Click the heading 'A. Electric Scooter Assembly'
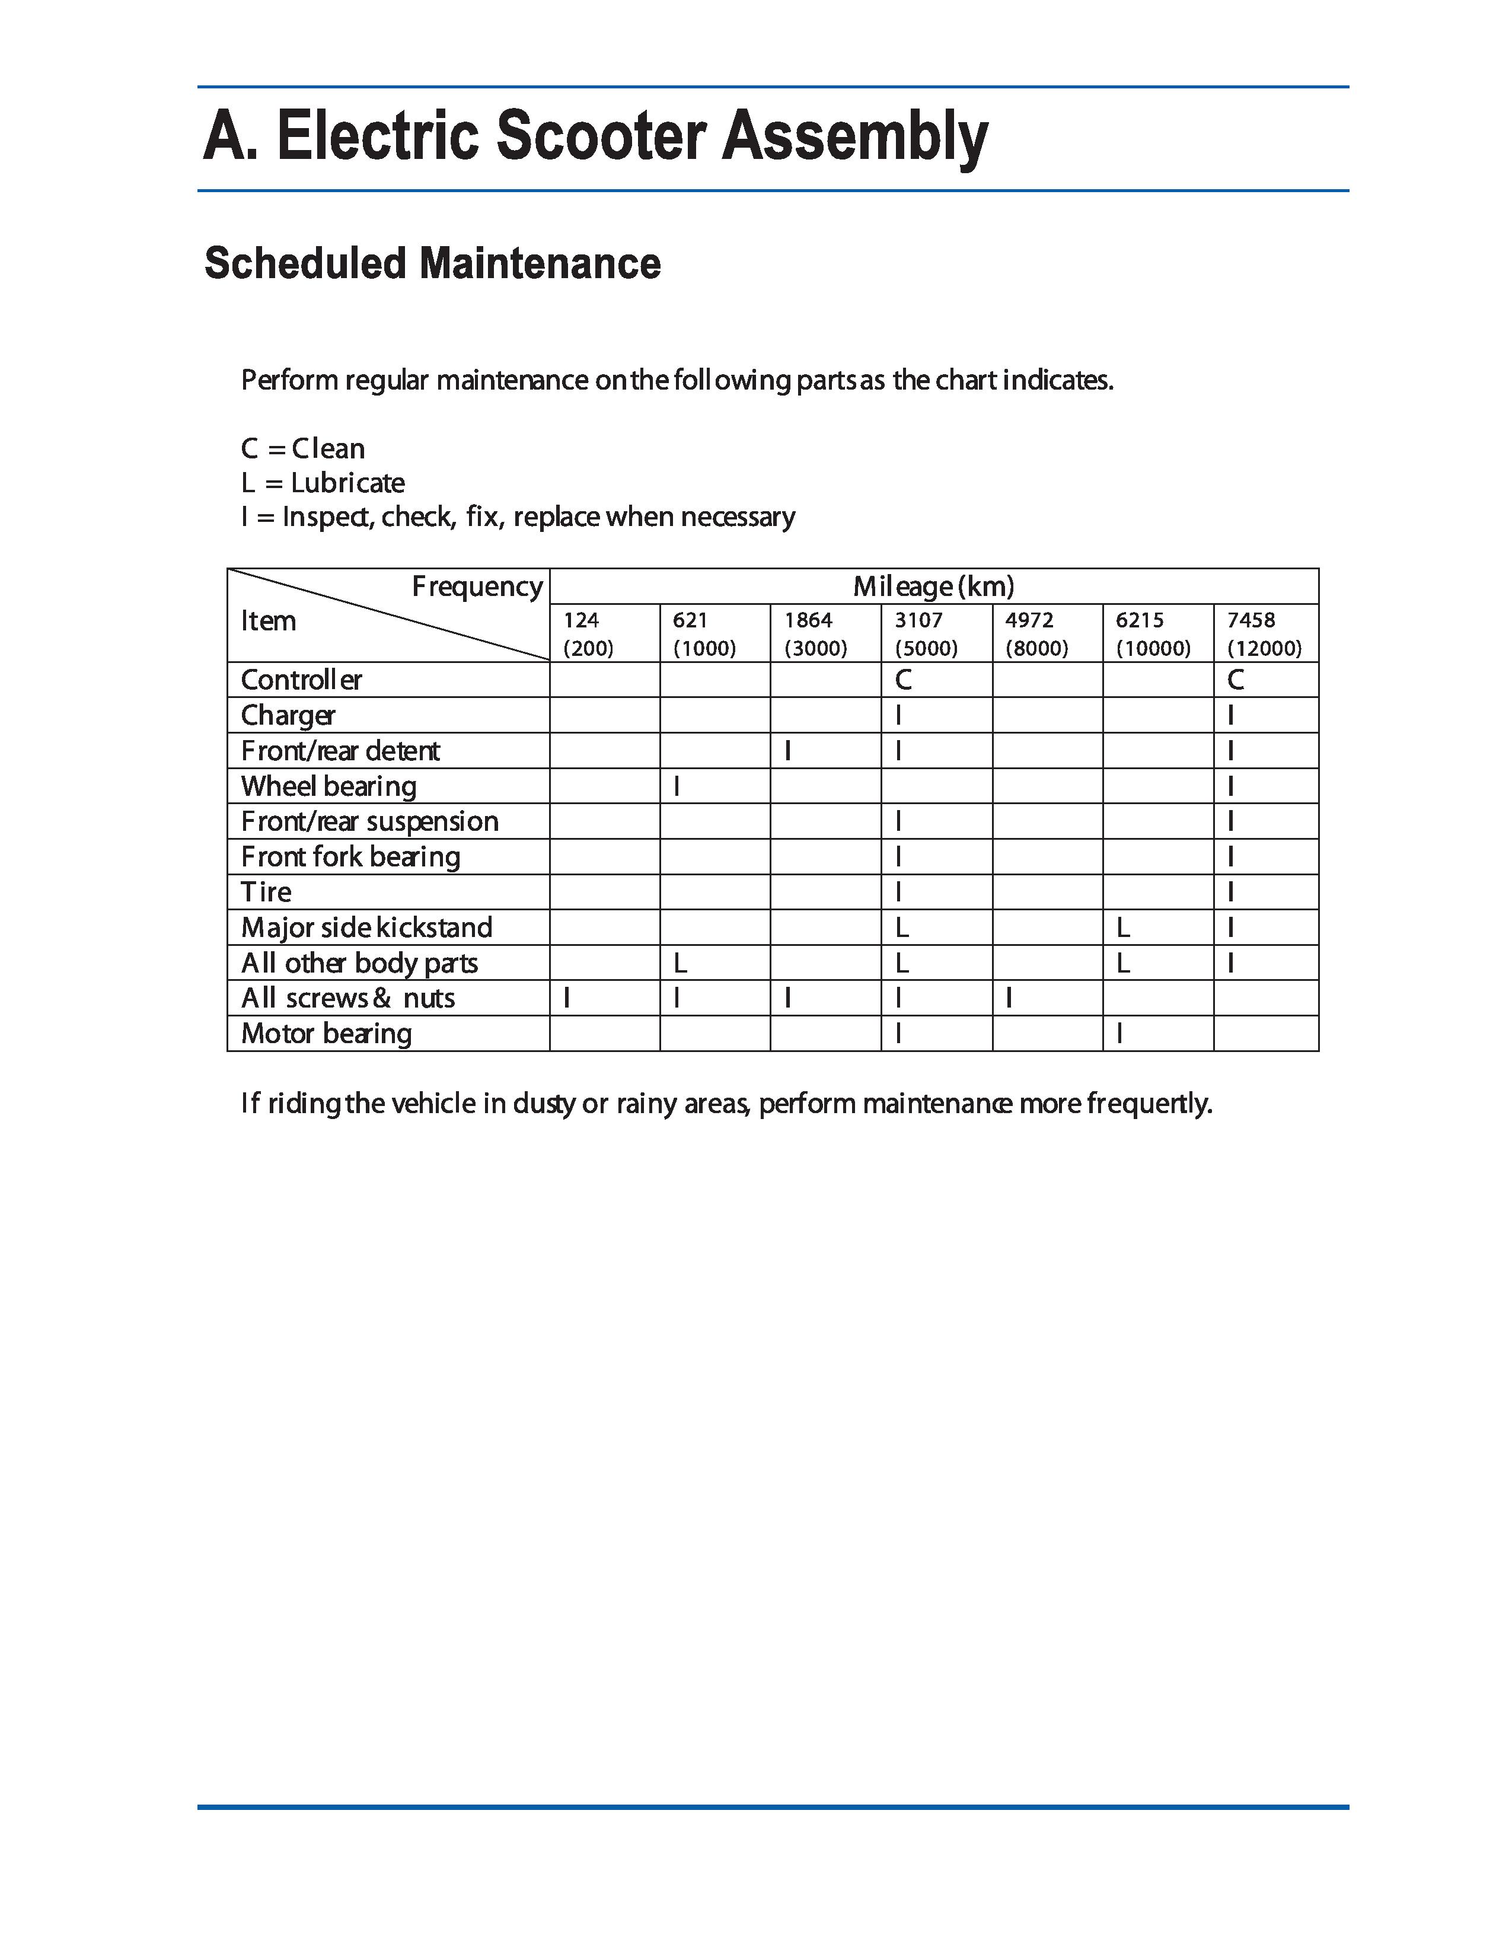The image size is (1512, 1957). (x=596, y=137)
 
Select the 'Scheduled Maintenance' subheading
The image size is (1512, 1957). (x=433, y=263)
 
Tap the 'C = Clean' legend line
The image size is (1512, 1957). (x=303, y=448)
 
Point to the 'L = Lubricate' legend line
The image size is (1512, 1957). (x=323, y=483)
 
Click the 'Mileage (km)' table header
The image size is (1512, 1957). (x=933, y=587)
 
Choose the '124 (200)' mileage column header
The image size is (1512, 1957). (x=588, y=633)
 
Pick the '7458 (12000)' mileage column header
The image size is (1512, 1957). (x=1264, y=633)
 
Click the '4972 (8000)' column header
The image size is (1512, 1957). (x=1036, y=633)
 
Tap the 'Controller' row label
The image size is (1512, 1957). (x=301, y=680)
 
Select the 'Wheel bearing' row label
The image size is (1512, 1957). (x=328, y=786)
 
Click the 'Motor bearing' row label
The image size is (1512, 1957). (x=326, y=1033)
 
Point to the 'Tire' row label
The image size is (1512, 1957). (x=266, y=891)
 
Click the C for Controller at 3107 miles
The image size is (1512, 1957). (x=903, y=680)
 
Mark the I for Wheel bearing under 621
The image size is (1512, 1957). (x=677, y=786)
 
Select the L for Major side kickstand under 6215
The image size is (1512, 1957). (x=1123, y=927)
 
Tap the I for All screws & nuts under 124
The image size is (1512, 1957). (x=566, y=998)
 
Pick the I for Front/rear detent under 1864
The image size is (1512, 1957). (x=787, y=751)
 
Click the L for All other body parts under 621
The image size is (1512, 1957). (x=680, y=963)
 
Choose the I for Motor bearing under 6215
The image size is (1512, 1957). (x=1119, y=1033)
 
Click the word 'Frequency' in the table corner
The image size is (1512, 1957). (x=477, y=587)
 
